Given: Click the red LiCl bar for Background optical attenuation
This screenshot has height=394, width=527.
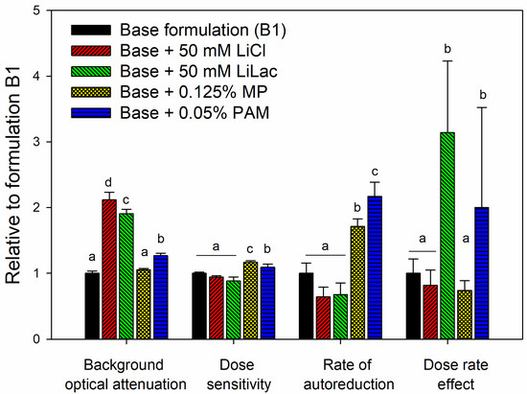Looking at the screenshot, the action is tap(109, 269).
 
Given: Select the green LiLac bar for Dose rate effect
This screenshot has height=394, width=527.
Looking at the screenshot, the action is tap(447, 235).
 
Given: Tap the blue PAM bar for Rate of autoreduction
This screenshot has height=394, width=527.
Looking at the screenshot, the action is tap(375, 267).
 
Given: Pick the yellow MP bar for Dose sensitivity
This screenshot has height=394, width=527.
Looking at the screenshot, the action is tap(251, 300).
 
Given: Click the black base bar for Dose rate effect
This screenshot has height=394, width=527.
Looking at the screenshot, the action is tap(413, 306).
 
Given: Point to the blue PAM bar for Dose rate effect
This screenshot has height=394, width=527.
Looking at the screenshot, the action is tap(482, 273).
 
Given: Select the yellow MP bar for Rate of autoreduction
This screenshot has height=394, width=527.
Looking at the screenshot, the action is tap(357, 283).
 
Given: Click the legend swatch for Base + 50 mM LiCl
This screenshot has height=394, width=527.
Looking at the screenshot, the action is tap(91, 51).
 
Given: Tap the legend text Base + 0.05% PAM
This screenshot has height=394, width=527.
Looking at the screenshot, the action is tap(195, 112).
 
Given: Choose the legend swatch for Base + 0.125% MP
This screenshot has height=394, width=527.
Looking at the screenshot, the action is tap(91, 92).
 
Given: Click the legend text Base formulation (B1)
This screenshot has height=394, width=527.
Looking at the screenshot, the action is tap(203, 31).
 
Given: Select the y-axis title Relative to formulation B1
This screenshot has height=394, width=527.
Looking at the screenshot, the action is tap(13, 174).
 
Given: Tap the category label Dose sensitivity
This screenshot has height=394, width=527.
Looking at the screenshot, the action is tap(239, 375).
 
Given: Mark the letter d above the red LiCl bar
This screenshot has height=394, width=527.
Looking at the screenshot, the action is tap(108, 183).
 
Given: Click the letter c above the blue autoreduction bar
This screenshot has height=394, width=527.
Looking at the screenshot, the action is tap(375, 173).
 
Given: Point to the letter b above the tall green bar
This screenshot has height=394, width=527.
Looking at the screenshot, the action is tap(447, 49).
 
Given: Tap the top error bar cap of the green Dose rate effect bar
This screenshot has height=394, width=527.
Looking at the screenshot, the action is tap(447, 60).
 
